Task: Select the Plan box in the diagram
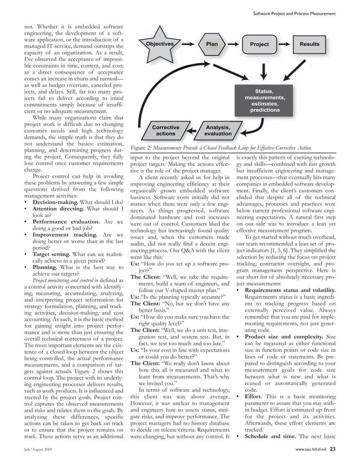(211, 44)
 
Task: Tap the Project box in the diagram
(259, 45)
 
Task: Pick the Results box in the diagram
(309, 44)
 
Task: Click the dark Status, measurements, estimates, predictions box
(265, 101)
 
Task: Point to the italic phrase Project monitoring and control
(66, 280)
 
